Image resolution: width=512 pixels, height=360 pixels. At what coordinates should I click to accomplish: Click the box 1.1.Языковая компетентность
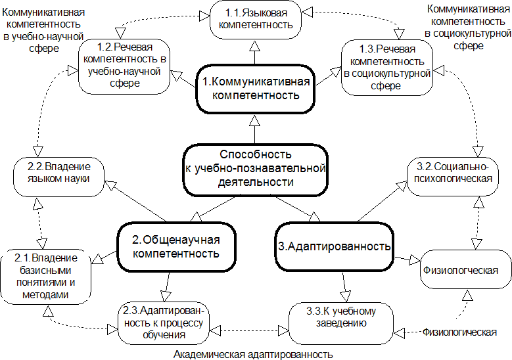[256, 20]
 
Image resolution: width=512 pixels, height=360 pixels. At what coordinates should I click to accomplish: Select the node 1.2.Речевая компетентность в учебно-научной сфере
[124, 67]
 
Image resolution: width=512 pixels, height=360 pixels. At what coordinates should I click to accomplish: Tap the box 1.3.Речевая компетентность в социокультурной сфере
[387, 68]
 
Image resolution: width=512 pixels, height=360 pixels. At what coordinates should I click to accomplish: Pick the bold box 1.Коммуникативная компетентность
[256, 89]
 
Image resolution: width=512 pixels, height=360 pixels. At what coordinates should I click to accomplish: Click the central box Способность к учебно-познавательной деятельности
[256, 169]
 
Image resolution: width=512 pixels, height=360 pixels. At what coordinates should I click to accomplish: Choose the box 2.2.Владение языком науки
[58, 177]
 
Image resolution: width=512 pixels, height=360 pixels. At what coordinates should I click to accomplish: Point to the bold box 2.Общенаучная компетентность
[176, 247]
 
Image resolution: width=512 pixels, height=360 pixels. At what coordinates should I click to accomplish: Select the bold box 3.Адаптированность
[334, 247]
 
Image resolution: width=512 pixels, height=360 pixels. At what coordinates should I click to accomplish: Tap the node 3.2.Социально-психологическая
[453, 177]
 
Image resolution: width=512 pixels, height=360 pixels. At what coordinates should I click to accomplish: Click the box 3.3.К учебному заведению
[341, 323]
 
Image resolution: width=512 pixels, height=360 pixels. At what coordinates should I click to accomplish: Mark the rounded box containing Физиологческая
[465, 269]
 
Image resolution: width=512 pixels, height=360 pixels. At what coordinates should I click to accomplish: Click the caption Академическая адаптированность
[253, 355]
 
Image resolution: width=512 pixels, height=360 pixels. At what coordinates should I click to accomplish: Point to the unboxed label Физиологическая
[459, 332]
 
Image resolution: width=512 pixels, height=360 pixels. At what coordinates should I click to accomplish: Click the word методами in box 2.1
[45, 295]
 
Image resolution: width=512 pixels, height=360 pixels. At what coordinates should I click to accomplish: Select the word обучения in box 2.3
[164, 335]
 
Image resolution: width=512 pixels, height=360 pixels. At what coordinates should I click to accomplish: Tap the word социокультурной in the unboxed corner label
[467, 34]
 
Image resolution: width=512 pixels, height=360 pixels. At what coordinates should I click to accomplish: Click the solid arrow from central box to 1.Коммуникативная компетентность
[255, 129]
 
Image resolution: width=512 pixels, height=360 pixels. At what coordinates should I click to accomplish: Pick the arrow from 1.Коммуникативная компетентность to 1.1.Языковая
[255, 52]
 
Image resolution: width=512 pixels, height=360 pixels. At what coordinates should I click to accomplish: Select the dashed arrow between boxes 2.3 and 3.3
[249, 330]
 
